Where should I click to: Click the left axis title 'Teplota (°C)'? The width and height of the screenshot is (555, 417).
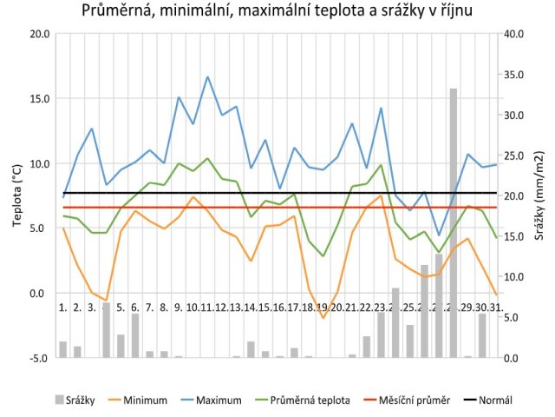16,196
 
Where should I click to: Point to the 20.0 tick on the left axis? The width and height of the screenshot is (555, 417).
39,34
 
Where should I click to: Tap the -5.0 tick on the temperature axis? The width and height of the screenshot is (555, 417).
39,357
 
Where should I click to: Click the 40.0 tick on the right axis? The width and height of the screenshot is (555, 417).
513,34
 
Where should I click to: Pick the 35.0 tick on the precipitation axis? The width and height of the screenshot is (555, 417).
513,75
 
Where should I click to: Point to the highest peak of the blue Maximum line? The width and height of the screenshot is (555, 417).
208,76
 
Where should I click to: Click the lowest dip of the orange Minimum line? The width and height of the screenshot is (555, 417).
323,318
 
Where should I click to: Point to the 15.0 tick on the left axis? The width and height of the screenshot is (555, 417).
39,99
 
